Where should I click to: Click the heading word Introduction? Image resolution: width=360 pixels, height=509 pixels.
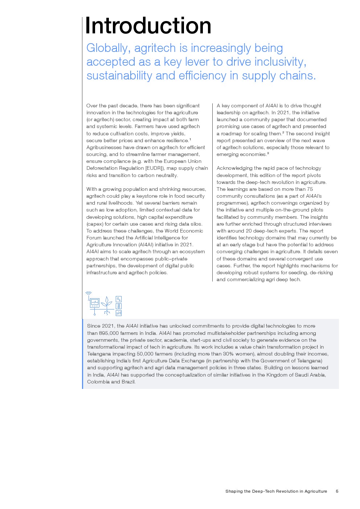(x=148, y=26)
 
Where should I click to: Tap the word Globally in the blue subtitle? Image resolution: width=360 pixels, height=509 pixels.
(x=107, y=48)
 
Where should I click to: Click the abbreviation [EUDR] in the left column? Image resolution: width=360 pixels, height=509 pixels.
(x=155, y=168)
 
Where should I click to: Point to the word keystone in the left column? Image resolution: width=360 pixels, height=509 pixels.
(x=147, y=196)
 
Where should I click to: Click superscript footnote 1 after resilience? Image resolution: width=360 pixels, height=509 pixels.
(x=190, y=139)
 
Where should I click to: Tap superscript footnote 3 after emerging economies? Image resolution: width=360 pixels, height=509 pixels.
(x=268, y=153)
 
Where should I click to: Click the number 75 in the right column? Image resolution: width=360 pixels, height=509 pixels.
(x=310, y=189)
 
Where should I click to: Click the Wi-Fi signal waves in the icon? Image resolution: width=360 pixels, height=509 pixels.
(x=89, y=293)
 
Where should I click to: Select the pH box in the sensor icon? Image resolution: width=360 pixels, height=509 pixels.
(x=119, y=313)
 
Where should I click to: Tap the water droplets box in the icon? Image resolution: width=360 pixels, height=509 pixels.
(x=119, y=299)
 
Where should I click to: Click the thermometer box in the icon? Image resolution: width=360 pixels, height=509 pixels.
(x=119, y=306)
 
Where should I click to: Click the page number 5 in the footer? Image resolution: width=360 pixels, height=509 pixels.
(x=337, y=492)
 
